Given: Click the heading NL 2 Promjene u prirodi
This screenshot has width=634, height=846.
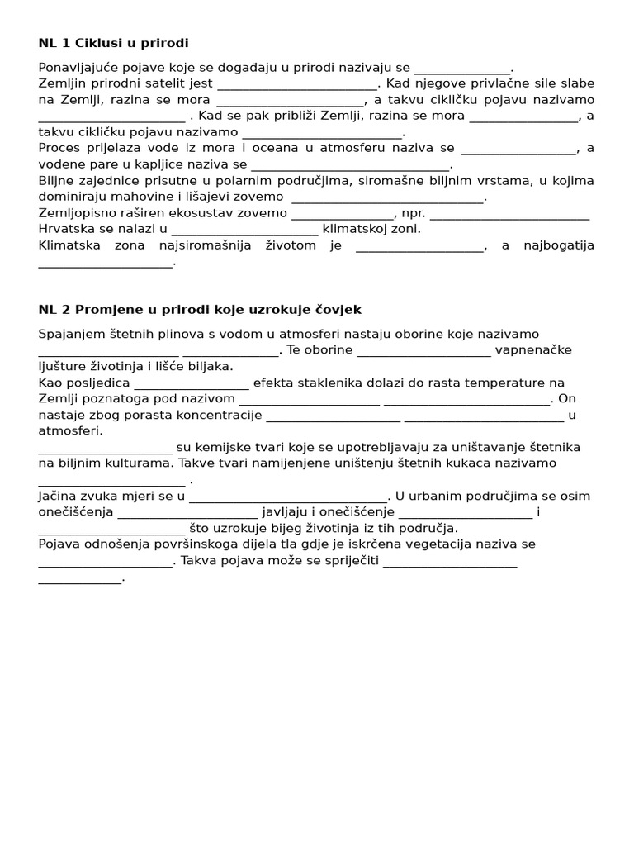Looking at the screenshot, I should pos(200,309).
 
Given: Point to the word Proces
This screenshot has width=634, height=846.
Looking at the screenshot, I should pos(59,148).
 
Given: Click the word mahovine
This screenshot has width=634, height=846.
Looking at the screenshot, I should pos(147,197).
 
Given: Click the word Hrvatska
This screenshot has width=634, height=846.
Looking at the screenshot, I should pos(67,229).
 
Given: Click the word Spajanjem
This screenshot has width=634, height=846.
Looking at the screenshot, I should pos(72,334).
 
